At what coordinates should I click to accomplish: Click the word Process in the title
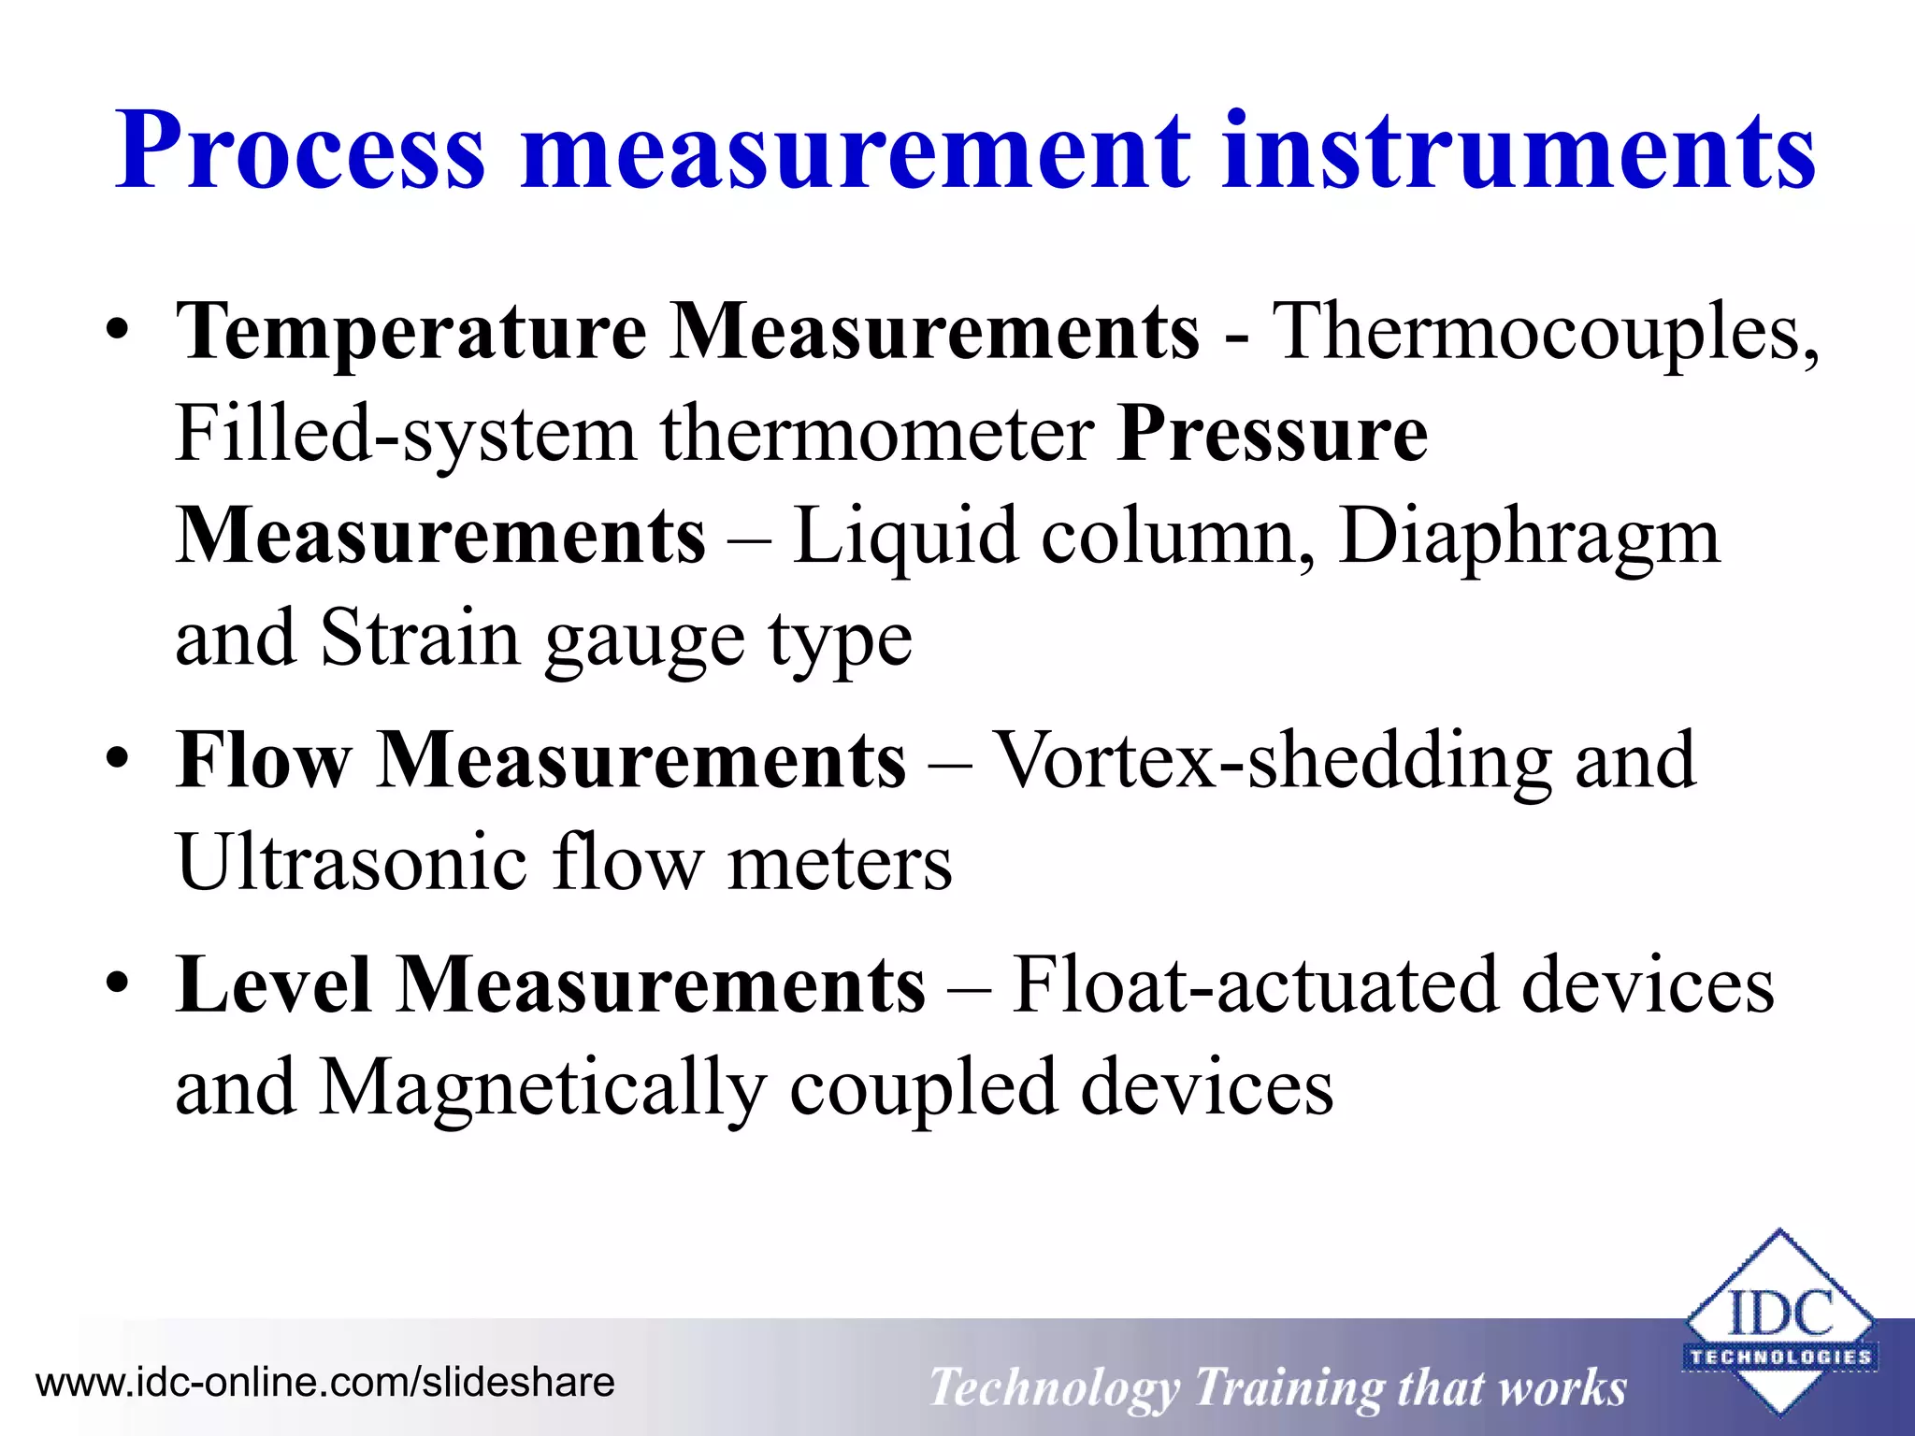pos(300,152)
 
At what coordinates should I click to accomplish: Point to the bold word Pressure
pos(1273,435)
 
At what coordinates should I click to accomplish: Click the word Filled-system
pos(405,435)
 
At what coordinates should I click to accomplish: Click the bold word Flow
pos(264,760)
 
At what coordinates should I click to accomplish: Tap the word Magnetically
pos(542,1087)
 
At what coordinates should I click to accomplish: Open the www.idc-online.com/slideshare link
pos(325,1383)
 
